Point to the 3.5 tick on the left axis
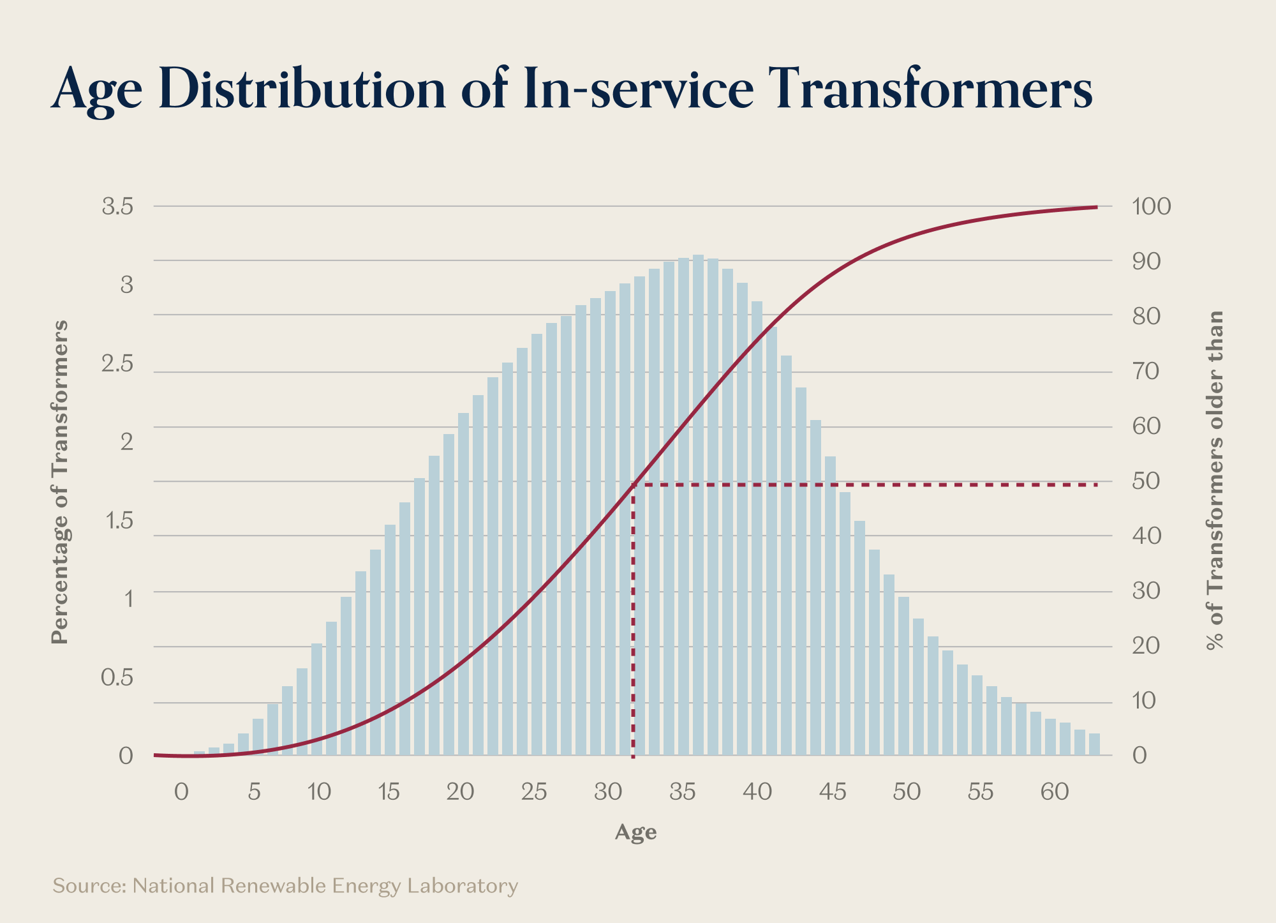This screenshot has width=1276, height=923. [118, 207]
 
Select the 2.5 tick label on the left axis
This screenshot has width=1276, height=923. [118, 364]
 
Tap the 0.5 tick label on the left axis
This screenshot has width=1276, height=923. [118, 677]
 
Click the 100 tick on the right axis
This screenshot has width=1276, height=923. [1152, 207]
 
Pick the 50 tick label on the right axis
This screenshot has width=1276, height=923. [1146, 481]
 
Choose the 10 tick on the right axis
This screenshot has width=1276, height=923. [1145, 701]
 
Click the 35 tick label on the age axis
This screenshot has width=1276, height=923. [683, 792]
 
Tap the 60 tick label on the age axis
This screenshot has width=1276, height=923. [1055, 792]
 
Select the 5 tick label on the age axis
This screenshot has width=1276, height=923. [255, 792]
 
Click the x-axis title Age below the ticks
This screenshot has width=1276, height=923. [635, 832]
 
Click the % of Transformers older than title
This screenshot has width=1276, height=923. [1216, 481]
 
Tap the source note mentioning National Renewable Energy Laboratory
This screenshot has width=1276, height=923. [285, 886]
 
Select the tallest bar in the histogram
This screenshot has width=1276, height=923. [698, 504]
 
